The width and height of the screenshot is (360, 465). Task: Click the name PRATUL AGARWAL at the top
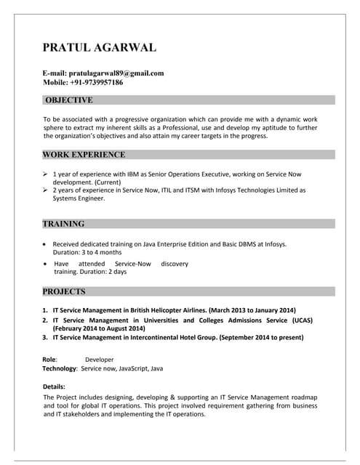[x=100, y=48]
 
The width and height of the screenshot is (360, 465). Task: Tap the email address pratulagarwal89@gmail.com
[x=115, y=73]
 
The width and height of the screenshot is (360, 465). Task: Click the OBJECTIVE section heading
[x=68, y=100]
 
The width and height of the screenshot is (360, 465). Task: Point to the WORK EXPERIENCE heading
[x=84, y=154]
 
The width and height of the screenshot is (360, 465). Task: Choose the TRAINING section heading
[x=63, y=224]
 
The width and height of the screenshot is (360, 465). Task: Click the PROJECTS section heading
[x=64, y=291]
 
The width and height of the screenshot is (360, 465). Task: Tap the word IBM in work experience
[x=142, y=174]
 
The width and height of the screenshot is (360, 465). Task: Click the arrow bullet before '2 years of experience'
[x=46, y=190]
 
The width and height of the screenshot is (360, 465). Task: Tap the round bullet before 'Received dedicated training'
[x=46, y=244]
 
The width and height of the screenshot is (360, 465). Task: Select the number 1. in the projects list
[x=45, y=310]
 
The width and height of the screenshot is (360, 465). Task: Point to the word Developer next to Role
[x=100, y=360]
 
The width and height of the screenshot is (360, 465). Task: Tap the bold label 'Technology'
[x=60, y=369]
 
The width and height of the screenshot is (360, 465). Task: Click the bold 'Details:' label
[x=55, y=387]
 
